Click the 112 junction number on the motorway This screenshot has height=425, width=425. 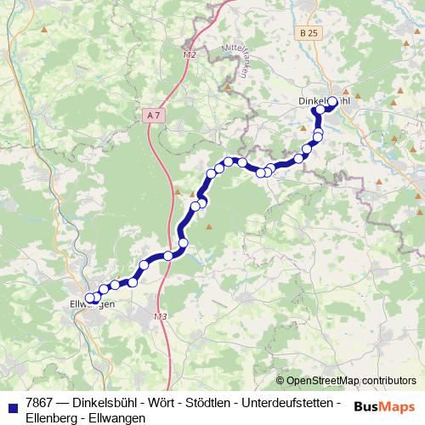[x=189, y=54]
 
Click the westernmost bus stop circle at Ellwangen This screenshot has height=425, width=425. [x=89, y=297]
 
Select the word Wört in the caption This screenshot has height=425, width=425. [x=167, y=401]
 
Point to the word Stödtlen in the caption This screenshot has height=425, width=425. [x=217, y=401]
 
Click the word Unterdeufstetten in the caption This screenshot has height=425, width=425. [x=294, y=401]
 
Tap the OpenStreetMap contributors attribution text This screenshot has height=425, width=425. [x=350, y=380]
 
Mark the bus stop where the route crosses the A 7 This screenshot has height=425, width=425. [x=168, y=256]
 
